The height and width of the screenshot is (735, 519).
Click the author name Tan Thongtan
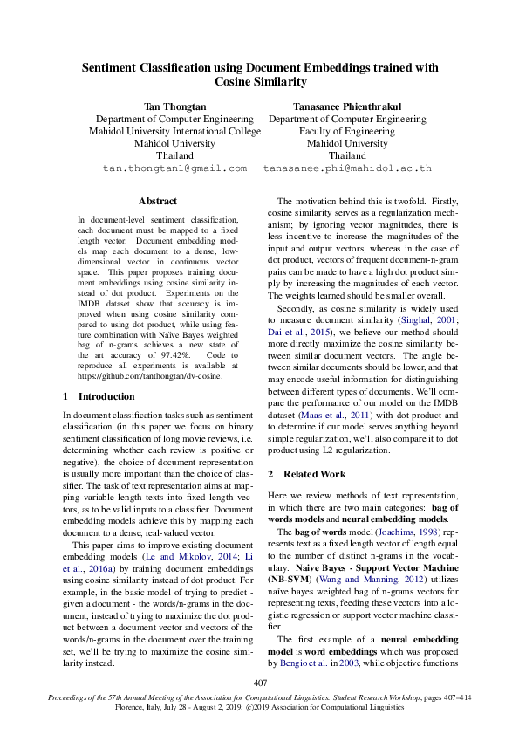[174, 106]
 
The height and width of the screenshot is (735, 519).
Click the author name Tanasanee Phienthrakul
[347, 106]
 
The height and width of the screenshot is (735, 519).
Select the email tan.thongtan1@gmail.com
[174, 168]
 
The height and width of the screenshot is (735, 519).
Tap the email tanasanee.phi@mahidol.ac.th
[347, 168]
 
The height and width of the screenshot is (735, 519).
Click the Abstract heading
[158, 201]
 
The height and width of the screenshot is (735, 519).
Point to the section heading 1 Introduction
[100, 395]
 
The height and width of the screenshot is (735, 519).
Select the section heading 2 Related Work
[306, 474]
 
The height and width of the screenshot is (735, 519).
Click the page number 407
[260, 682]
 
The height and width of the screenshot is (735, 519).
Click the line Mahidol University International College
[174, 131]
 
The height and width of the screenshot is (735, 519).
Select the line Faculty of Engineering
[347, 131]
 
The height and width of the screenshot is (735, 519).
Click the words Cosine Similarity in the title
[260, 81]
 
